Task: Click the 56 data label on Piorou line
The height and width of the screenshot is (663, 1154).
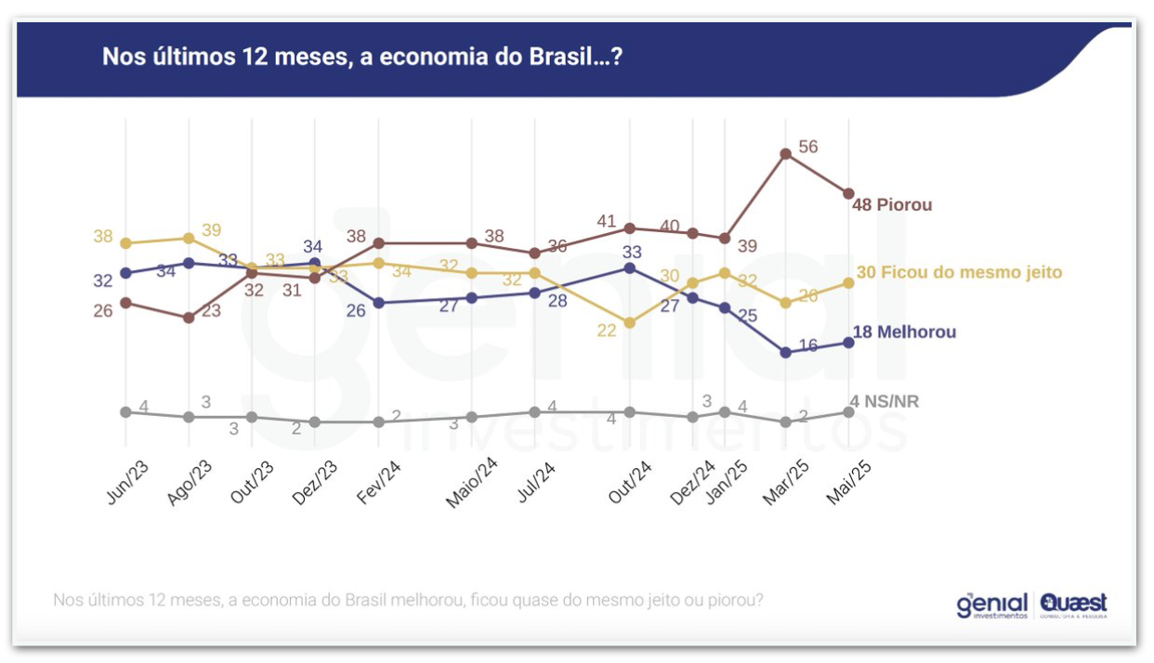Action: click(x=807, y=147)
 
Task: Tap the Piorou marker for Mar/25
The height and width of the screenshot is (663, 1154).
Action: click(x=786, y=154)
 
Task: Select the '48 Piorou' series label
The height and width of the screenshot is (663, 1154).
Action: click(x=892, y=204)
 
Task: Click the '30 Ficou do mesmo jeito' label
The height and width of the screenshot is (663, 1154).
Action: click(x=957, y=273)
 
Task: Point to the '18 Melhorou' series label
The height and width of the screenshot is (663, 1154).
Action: click(x=904, y=332)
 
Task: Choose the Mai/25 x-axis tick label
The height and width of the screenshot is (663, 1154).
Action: click(x=849, y=482)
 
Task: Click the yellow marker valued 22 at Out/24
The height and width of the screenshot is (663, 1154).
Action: click(x=630, y=323)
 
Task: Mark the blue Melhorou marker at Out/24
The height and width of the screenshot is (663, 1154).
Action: click(x=630, y=267)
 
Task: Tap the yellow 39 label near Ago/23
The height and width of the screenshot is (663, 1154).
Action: click(x=211, y=230)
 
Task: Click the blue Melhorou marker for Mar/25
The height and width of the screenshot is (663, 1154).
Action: click(x=786, y=352)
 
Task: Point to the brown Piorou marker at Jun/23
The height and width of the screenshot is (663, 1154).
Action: click(x=125, y=303)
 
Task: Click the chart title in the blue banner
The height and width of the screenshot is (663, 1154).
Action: click(x=361, y=58)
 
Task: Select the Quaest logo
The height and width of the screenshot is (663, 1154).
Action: click(x=1074, y=604)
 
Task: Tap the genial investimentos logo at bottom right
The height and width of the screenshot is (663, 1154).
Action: click(x=991, y=604)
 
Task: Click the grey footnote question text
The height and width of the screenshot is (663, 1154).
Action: click(x=409, y=600)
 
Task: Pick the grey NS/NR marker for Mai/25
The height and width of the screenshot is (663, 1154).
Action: click(x=848, y=411)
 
